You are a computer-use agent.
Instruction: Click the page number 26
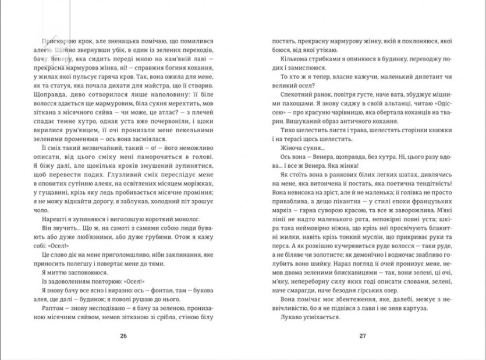point(122,336)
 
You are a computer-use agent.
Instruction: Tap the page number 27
point(362,336)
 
